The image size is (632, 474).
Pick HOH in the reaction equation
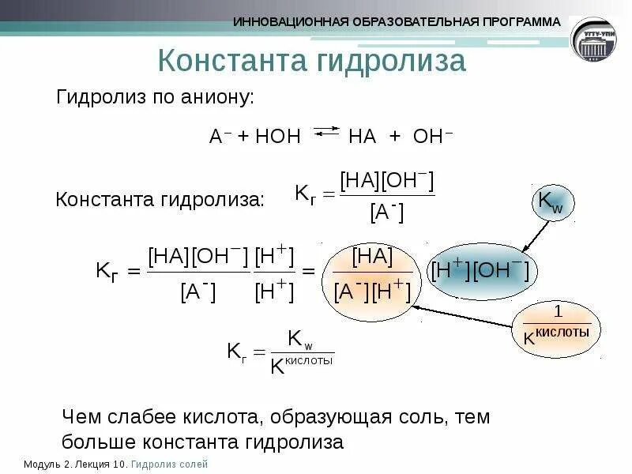tap(277, 136)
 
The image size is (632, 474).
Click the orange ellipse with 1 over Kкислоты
tap(556, 325)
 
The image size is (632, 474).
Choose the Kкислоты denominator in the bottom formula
tap(301, 363)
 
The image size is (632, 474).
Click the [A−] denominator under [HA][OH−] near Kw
tap(386, 212)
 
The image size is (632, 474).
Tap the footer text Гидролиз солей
tap(170, 465)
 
